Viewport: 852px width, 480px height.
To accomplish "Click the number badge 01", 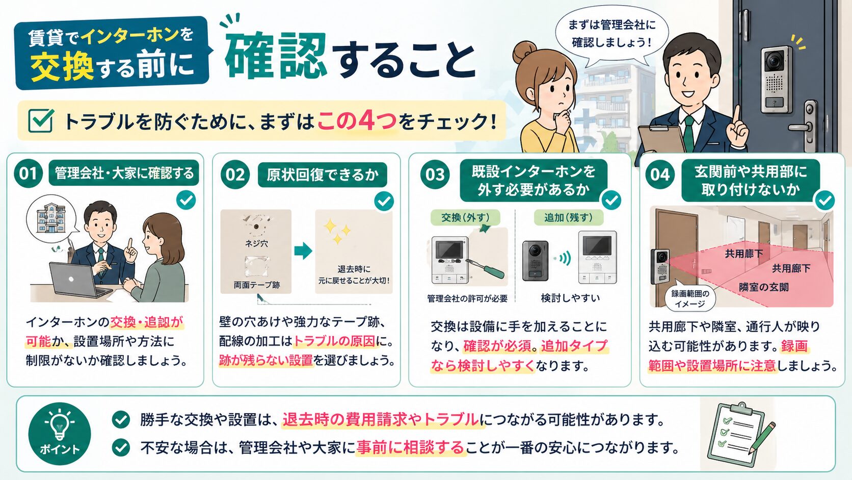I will pyautogui.click(x=28, y=173).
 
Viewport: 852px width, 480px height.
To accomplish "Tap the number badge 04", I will pyautogui.click(x=659, y=174).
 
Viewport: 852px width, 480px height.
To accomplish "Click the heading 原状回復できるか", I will pyautogui.click(x=322, y=175).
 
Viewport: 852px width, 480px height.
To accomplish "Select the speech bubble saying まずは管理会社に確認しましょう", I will pyautogui.click(x=611, y=34).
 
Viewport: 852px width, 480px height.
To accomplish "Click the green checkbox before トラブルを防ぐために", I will pyautogui.click(x=41, y=120).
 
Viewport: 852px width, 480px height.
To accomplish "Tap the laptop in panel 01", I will pyautogui.click(x=76, y=281).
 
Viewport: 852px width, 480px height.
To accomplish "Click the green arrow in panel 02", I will pyautogui.click(x=303, y=250).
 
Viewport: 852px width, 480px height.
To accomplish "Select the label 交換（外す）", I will pyautogui.click(x=465, y=218).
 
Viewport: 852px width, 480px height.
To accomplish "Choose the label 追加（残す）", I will pyautogui.click(x=568, y=218).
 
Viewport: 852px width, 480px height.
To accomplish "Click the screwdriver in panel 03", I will pyautogui.click(x=487, y=265).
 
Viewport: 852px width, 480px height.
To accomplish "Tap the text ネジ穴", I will pyautogui.click(x=256, y=244).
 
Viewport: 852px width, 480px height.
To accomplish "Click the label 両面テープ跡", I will pyautogui.click(x=256, y=285).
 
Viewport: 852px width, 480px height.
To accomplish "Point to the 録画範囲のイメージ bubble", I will pyautogui.click(x=689, y=298).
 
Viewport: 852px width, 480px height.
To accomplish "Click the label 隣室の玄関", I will pyautogui.click(x=763, y=287).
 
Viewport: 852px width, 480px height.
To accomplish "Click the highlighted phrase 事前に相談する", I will pyautogui.click(x=410, y=448).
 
